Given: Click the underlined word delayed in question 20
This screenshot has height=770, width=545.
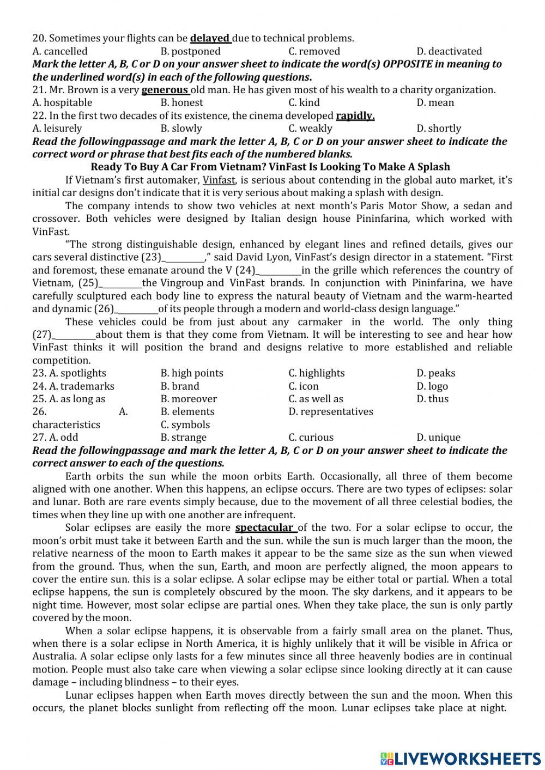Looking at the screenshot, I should tap(210, 38).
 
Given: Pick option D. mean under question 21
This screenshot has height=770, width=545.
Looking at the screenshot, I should tap(435, 102).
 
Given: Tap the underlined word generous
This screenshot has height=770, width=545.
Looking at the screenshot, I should tap(165, 90).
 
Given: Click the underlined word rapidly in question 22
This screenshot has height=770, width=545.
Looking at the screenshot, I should tap(355, 116).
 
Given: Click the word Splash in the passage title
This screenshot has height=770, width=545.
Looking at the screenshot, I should tap(432, 167).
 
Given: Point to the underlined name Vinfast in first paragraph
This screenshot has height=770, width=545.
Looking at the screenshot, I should tap(219, 180).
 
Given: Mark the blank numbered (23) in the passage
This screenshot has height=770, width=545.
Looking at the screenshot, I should tap(184, 258).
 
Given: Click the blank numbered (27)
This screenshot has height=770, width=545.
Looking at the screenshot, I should tap(74, 335).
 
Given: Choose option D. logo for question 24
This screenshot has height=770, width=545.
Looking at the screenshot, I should tap(432, 386).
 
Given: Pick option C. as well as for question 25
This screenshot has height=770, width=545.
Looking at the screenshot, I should tap(316, 399).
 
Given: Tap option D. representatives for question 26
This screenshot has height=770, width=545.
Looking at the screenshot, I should tap(331, 412).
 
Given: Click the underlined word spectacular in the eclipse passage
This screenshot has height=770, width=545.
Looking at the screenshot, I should tap(264, 528).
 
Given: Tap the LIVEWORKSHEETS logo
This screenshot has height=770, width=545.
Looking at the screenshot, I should tap(461, 758).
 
